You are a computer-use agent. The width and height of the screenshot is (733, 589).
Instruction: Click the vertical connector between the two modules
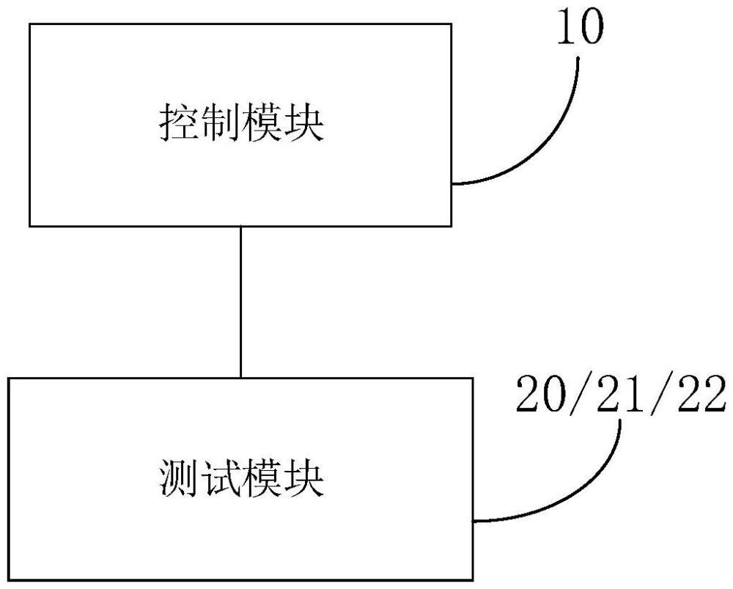point(240,301)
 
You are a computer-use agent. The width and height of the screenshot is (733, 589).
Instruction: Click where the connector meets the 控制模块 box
point(240,225)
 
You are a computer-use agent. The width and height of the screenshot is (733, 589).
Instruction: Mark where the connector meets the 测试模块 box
point(240,378)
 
